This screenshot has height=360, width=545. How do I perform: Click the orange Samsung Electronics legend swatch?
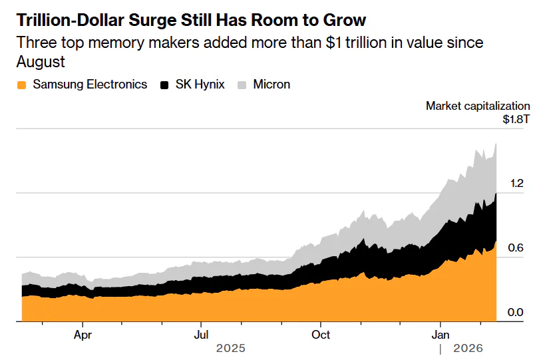click(x=22, y=85)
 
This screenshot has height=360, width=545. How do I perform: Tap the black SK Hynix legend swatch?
click(x=164, y=85)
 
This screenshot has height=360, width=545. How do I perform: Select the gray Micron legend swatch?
click(x=242, y=85)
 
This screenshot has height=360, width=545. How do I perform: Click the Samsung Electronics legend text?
click(x=90, y=85)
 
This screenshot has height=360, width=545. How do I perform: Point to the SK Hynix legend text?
click(x=200, y=85)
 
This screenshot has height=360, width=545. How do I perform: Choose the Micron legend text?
click(x=272, y=85)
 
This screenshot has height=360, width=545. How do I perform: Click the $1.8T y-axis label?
click(x=516, y=120)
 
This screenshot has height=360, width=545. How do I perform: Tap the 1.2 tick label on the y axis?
click(x=517, y=184)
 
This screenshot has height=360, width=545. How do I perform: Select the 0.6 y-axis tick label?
click(x=517, y=248)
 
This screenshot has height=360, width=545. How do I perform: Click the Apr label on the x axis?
click(x=83, y=334)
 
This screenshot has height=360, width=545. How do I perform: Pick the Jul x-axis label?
click(x=201, y=334)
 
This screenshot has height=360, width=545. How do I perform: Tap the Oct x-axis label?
click(x=321, y=334)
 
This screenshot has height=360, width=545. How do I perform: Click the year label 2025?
click(x=231, y=349)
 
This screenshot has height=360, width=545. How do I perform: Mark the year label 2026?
click(x=468, y=349)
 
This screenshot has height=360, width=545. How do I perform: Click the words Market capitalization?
click(x=478, y=106)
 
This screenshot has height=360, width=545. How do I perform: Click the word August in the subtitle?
click(x=41, y=62)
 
